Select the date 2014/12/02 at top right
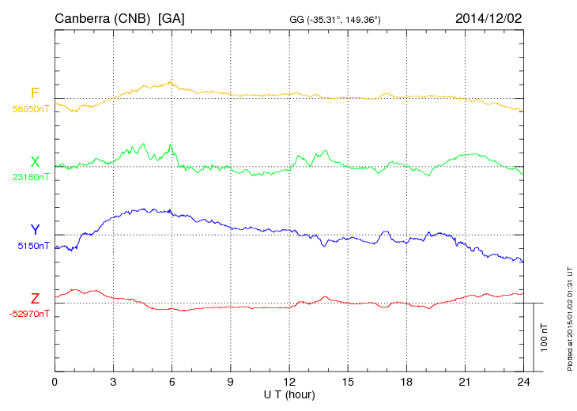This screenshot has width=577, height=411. (x=488, y=17)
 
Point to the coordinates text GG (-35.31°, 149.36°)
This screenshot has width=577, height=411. (x=336, y=19)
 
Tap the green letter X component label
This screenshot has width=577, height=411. (x=35, y=162)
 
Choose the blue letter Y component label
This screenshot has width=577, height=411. (x=35, y=230)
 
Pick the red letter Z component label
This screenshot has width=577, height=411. (x=35, y=298)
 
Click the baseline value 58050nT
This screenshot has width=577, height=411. (x=30, y=110)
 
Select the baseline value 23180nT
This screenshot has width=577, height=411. (x=30, y=177)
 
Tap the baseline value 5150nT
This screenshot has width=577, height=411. (x=32, y=246)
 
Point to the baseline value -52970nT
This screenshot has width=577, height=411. (x=30, y=314)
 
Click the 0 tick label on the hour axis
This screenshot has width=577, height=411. (x=55, y=382)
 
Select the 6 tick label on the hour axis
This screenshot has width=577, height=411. (x=172, y=382)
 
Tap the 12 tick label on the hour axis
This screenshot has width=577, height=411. (x=288, y=382)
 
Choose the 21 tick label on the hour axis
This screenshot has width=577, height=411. (x=465, y=382)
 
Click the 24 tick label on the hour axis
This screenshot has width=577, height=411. (x=523, y=382)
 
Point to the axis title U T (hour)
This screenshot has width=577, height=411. (x=289, y=394)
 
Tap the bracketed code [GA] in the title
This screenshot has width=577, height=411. (x=172, y=17)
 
